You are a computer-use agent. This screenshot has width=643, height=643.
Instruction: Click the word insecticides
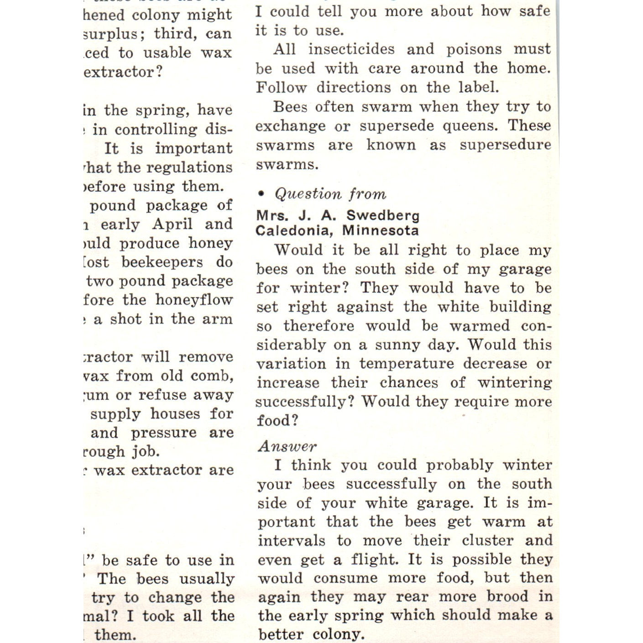pos(351,49)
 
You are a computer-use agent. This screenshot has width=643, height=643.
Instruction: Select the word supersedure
pos(505,145)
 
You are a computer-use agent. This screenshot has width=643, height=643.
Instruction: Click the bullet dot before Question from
pos(261,194)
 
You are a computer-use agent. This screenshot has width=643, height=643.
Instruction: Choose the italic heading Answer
pos(287,446)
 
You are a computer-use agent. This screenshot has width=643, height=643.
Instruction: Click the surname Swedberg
pos(383,215)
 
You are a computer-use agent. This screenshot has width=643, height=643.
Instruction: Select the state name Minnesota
pos(380,230)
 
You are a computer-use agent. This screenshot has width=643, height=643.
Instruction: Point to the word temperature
pos(407,364)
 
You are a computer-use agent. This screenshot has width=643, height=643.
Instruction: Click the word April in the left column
pos(173,224)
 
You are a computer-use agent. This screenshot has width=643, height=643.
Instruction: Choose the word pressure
pos(164,433)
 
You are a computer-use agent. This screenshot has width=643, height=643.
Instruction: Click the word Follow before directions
pos(282,87)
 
